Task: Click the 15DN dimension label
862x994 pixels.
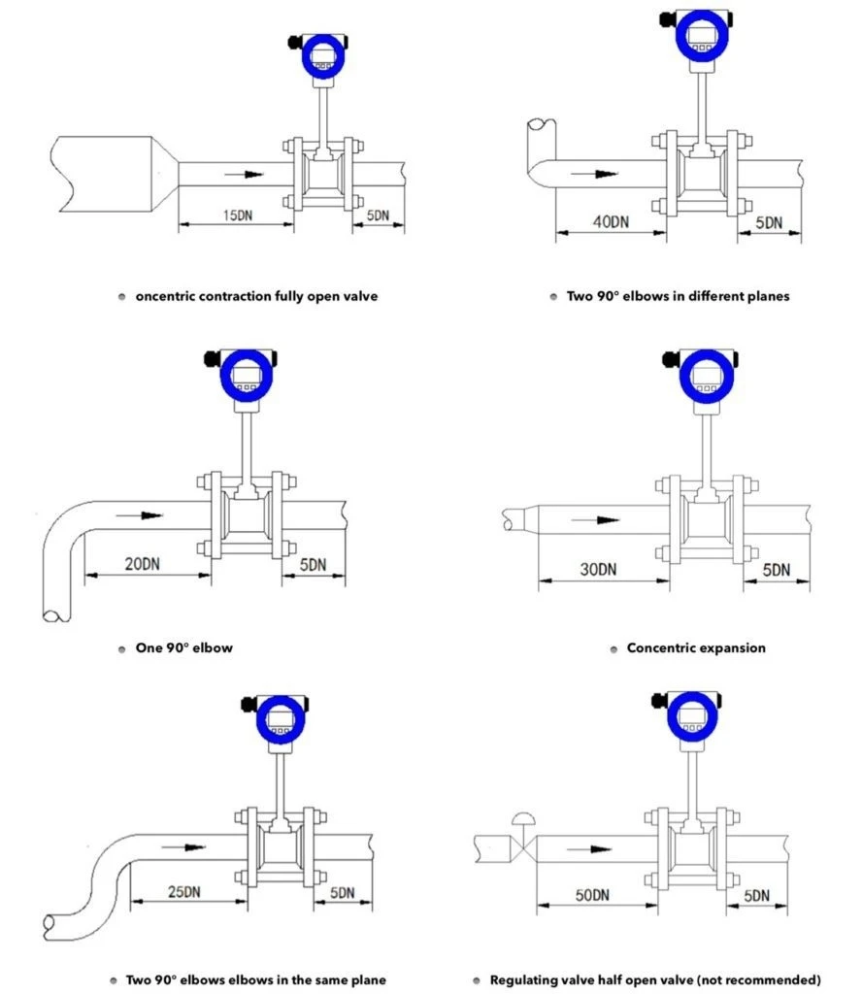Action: pos(234,214)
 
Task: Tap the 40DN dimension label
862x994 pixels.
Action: pos(610,221)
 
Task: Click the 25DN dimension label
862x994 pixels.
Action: pos(184,890)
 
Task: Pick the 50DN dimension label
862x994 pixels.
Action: pos(590,894)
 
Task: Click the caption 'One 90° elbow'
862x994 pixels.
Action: pos(184,647)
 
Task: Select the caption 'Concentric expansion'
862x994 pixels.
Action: pos(696,647)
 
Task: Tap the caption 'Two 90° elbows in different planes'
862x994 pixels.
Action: pos(678,296)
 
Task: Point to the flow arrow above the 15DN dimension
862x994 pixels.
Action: pos(243,175)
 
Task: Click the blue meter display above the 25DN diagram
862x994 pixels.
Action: pos(281,720)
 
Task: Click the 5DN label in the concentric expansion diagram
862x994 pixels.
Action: pos(776,570)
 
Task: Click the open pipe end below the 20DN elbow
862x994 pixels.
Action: pos(56,613)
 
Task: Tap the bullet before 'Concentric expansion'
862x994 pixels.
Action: pos(613,648)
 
